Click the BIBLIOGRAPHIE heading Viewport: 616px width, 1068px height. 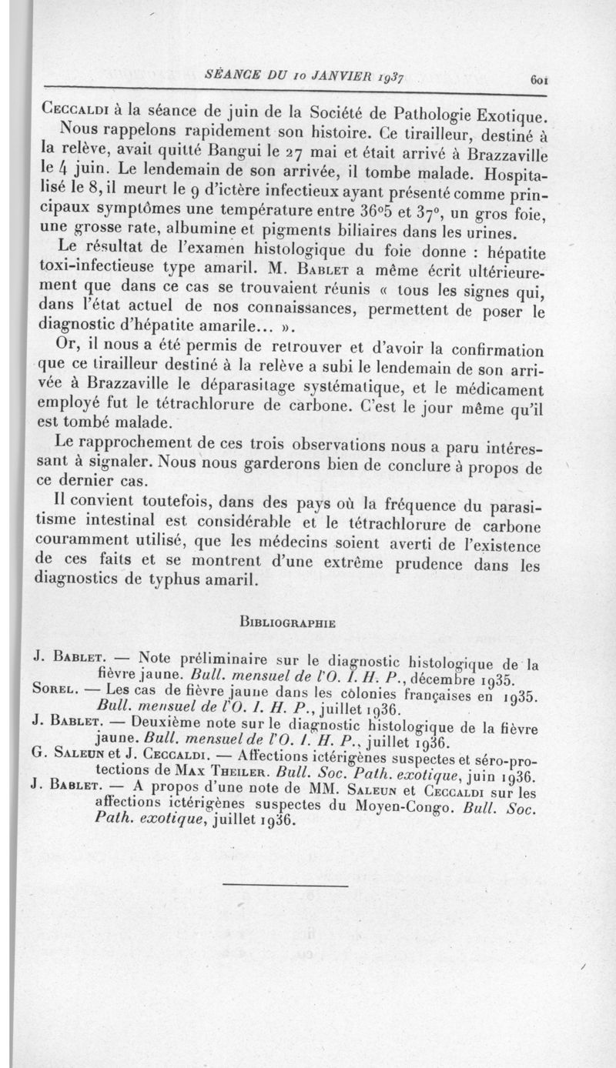tap(289, 622)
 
